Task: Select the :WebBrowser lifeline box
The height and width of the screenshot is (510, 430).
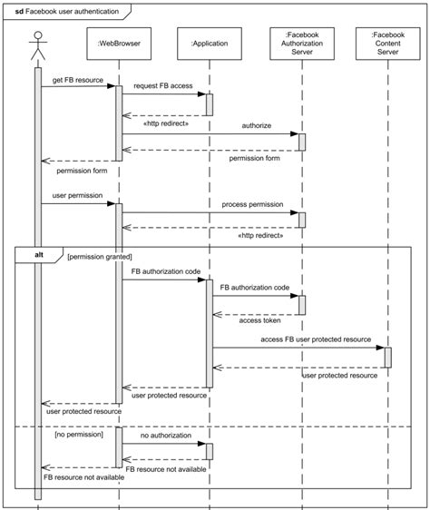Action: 119,43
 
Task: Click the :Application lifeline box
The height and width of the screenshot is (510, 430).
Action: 210,43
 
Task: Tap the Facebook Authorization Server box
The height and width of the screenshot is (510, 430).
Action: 301,43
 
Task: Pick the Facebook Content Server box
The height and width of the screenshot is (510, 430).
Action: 388,43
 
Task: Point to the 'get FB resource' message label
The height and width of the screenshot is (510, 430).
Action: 77,79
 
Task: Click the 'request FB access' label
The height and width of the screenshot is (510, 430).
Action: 163,86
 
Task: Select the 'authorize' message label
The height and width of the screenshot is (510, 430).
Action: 257,125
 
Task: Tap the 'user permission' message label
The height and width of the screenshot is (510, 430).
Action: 78,195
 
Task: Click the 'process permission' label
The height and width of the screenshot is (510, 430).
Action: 252,205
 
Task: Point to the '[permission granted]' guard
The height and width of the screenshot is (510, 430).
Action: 100,258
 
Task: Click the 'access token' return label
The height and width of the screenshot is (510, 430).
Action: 259,320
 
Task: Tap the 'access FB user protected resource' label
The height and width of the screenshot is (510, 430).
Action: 316,339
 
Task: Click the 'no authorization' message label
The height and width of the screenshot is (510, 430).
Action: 166,436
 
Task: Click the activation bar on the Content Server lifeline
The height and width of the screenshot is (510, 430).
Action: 388,358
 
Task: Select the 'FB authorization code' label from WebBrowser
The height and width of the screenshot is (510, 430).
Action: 164,271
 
